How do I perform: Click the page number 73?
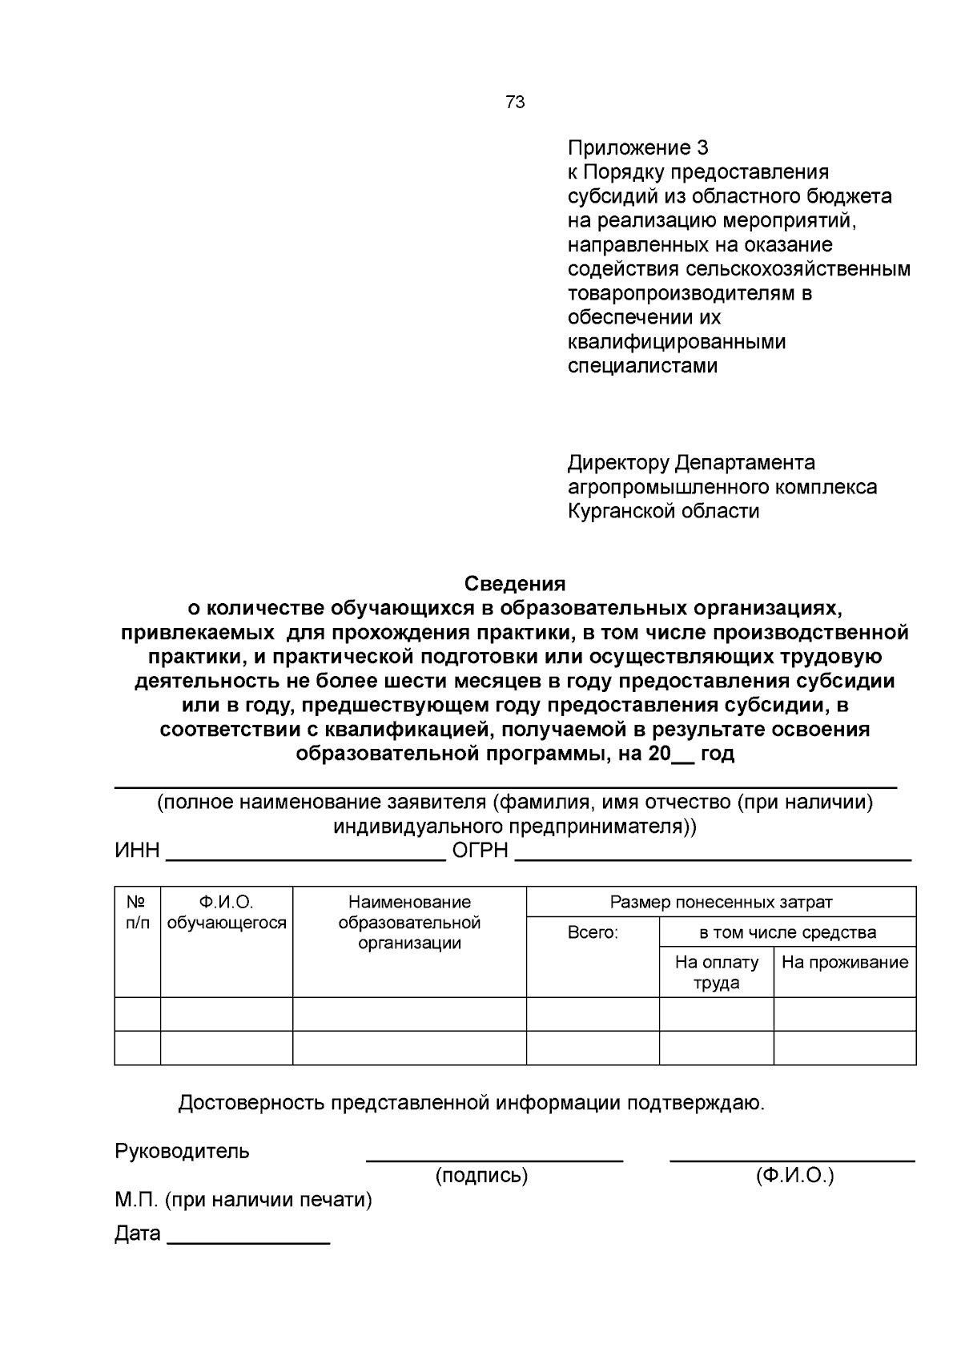click(x=515, y=103)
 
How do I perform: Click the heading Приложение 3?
click(x=637, y=148)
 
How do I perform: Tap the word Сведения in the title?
click(x=515, y=584)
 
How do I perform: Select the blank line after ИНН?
click(x=305, y=856)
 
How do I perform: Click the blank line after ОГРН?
click(x=713, y=856)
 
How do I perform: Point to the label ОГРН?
click(x=480, y=851)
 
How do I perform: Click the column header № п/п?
click(x=137, y=912)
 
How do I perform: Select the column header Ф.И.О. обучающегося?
click(x=227, y=912)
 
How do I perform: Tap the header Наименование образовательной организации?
click(x=409, y=923)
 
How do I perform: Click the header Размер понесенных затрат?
click(x=721, y=902)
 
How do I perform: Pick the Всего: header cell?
click(x=593, y=932)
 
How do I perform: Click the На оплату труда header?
click(x=717, y=972)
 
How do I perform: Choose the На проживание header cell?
click(x=845, y=963)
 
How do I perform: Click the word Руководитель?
click(x=183, y=1152)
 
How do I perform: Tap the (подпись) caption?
click(x=481, y=1176)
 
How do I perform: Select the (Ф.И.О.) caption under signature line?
click(x=794, y=1176)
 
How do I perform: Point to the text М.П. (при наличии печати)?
click(x=243, y=1201)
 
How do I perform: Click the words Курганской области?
click(x=663, y=511)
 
